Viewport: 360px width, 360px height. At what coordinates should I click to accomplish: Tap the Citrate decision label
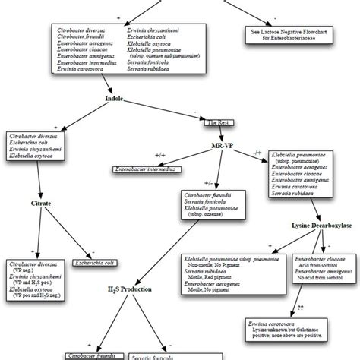(x=39, y=204)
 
